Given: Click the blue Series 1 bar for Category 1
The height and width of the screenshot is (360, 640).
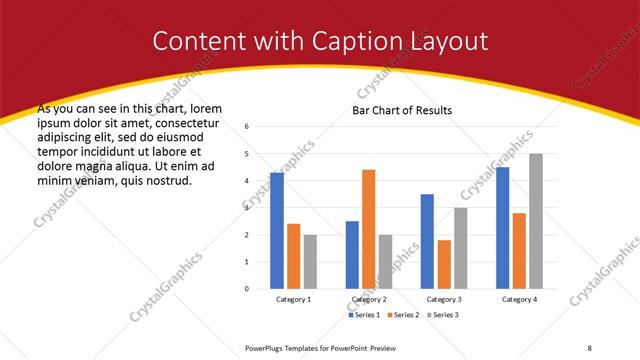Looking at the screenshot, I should [x=277, y=231].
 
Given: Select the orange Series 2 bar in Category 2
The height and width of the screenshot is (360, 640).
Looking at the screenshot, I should [x=368, y=229].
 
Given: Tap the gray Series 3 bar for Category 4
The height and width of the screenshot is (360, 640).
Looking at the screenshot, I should [x=535, y=221].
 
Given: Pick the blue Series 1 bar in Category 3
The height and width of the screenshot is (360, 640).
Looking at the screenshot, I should [x=427, y=241].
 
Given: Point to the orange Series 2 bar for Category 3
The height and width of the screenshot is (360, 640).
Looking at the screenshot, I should [x=444, y=264].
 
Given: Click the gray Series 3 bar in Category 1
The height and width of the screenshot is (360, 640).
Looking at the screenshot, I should [x=310, y=261].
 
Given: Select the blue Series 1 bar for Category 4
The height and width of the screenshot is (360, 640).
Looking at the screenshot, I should [x=502, y=228].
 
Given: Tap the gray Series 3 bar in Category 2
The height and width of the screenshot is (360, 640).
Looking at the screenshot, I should [x=385, y=261].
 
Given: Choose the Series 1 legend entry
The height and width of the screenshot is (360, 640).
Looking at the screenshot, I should [x=363, y=315].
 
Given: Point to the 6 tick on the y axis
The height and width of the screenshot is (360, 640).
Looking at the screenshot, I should [x=247, y=127].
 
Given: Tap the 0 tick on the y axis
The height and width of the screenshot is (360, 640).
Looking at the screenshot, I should [x=247, y=289].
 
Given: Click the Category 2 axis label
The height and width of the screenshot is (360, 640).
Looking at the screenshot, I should [x=368, y=300].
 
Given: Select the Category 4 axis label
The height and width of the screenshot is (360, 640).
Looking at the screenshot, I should [x=518, y=300].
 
